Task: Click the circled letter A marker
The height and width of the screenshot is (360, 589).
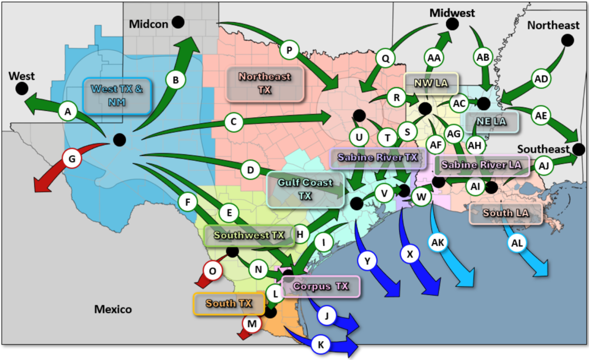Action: click(x=68, y=111)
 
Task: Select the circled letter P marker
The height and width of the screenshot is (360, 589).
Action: click(x=289, y=49)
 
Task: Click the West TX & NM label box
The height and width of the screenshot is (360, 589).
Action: click(x=117, y=95)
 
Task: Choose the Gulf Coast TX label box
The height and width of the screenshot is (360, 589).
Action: click(x=305, y=189)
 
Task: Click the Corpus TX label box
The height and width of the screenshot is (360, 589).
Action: click(x=321, y=287)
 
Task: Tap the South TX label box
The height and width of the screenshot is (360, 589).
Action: click(x=229, y=303)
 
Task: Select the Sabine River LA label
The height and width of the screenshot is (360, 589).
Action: click(x=481, y=165)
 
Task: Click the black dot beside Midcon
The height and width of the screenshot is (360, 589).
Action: click(x=178, y=22)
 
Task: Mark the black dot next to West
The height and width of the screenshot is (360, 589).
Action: click(x=21, y=88)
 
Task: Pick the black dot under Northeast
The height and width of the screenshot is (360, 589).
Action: click(x=567, y=40)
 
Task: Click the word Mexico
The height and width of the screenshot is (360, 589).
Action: click(x=113, y=310)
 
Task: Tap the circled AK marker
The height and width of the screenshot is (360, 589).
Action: click(x=438, y=243)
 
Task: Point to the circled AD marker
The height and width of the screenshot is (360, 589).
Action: click(x=541, y=79)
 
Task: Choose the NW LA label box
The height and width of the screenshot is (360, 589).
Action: click(x=431, y=83)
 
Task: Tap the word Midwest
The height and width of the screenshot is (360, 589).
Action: click(x=452, y=13)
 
